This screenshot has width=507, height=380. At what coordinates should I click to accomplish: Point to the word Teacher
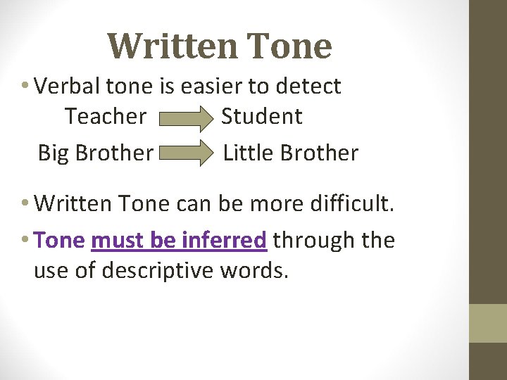(x=106, y=116)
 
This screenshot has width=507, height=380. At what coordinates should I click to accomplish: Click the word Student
(x=261, y=116)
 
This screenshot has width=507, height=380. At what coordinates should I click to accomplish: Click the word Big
(x=54, y=153)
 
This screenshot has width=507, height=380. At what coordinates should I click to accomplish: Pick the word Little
(x=245, y=153)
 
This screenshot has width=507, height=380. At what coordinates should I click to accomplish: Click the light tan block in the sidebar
(x=487, y=323)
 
